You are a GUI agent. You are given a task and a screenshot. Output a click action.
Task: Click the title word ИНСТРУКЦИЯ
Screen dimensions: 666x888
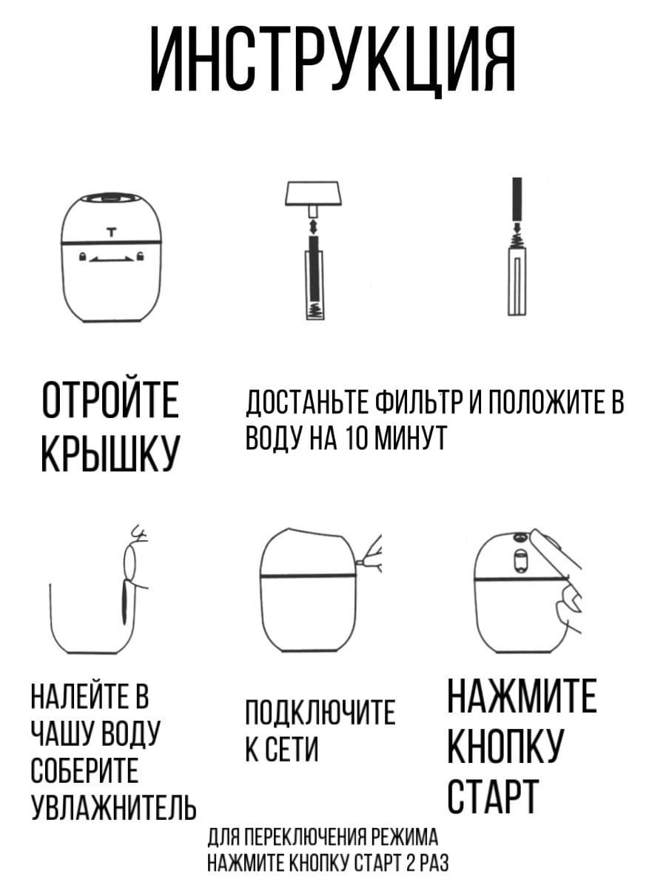tap(333, 60)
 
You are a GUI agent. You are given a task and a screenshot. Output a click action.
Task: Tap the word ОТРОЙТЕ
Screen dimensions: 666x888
tap(110, 400)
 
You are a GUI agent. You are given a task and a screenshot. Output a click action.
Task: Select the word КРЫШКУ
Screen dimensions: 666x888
tap(110, 454)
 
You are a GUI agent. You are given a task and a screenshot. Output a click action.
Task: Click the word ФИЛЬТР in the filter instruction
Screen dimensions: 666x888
tap(420, 403)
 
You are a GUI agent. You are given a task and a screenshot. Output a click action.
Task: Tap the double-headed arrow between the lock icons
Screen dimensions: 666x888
tap(111, 258)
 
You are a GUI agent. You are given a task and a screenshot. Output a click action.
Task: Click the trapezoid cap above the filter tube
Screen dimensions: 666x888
tap(312, 193)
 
